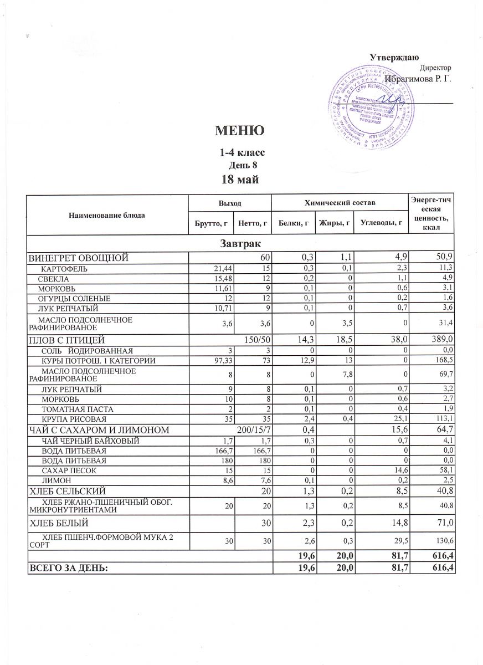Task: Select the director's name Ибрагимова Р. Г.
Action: tap(418, 79)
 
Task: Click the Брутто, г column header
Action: tap(210, 223)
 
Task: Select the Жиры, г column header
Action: tap(332, 223)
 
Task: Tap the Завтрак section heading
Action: tap(240, 243)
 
